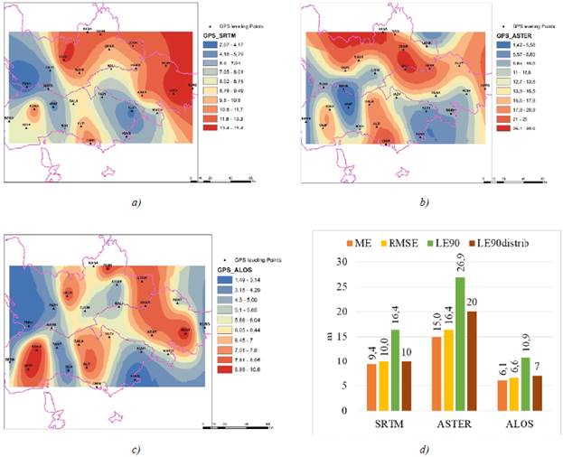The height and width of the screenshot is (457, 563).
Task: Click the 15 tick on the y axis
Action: pos(341,336)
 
